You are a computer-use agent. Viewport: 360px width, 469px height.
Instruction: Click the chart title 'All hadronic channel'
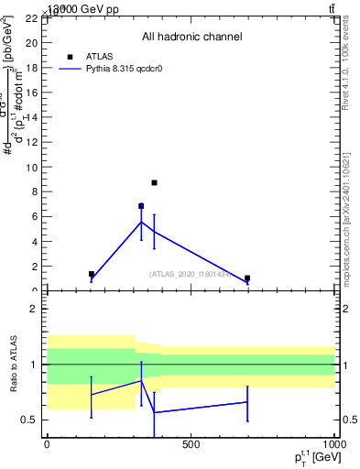pyautogui.click(x=191, y=38)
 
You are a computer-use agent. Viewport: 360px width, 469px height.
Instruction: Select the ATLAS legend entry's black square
pyautogui.click(x=70, y=56)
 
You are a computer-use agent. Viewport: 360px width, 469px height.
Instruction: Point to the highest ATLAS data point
pyautogui.click(x=154, y=182)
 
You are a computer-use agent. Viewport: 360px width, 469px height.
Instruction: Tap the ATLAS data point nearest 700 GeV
pyautogui.click(x=247, y=278)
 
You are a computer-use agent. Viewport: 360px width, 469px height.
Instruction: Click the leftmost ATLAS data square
pyautogui.click(x=92, y=274)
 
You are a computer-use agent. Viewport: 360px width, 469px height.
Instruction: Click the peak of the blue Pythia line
pyautogui.click(x=141, y=222)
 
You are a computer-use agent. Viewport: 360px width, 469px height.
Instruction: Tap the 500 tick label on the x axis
pyautogui.click(x=191, y=444)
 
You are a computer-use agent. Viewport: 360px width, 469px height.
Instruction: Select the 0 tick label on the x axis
pyautogui.click(x=47, y=444)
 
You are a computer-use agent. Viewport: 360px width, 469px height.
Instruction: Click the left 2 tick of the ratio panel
pyautogui.click(x=32, y=309)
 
